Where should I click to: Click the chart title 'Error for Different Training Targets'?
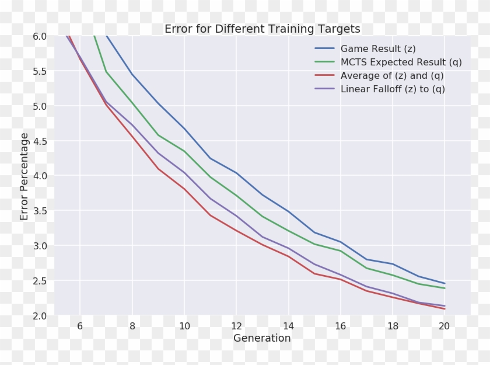(x=262, y=29)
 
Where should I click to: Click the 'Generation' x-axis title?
(x=262, y=338)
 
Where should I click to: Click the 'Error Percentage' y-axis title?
(x=24, y=176)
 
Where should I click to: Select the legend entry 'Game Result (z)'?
(x=378, y=48)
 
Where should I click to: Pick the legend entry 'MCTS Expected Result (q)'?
(x=401, y=62)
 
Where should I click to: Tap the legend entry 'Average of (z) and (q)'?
(x=392, y=76)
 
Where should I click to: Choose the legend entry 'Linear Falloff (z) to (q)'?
(x=393, y=89)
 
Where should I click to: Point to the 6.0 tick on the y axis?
(x=40, y=36)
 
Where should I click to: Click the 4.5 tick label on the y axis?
(x=40, y=141)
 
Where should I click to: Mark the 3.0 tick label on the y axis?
(x=40, y=246)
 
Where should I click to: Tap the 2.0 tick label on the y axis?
(x=40, y=315)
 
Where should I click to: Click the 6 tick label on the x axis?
(x=80, y=326)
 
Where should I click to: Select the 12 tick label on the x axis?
(x=236, y=326)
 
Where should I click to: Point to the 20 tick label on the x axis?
(x=444, y=326)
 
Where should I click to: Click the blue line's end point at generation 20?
(x=444, y=284)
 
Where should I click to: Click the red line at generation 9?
(x=158, y=169)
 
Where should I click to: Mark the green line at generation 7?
(x=106, y=71)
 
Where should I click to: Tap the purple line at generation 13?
(x=262, y=237)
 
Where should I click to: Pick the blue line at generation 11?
(x=210, y=158)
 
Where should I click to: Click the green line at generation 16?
(x=340, y=251)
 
